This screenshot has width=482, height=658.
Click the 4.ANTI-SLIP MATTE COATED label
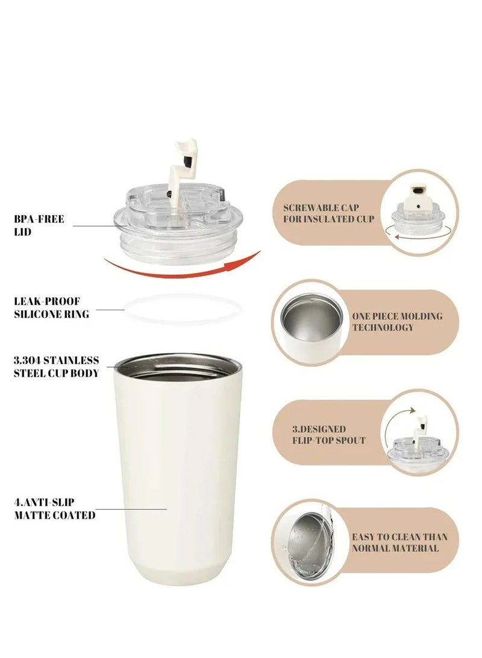54,509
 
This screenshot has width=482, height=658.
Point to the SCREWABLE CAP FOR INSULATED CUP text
328,213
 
